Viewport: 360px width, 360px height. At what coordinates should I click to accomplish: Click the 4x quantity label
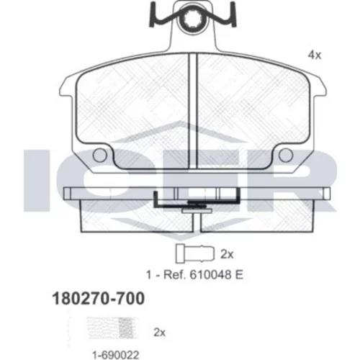[315, 55]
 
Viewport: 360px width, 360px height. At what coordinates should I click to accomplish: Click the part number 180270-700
[99, 298]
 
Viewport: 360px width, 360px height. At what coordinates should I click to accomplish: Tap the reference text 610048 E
[217, 275]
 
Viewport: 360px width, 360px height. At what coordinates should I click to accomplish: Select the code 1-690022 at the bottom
[116, 354]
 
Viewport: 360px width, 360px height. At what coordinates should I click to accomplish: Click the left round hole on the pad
[100, 155]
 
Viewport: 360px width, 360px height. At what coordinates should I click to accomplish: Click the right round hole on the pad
[286, 155]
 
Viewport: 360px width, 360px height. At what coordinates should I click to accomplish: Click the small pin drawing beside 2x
[195, 253]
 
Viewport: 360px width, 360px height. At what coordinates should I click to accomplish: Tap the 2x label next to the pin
[227, 254]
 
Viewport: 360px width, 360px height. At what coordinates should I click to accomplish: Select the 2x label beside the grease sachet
[160, 333]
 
